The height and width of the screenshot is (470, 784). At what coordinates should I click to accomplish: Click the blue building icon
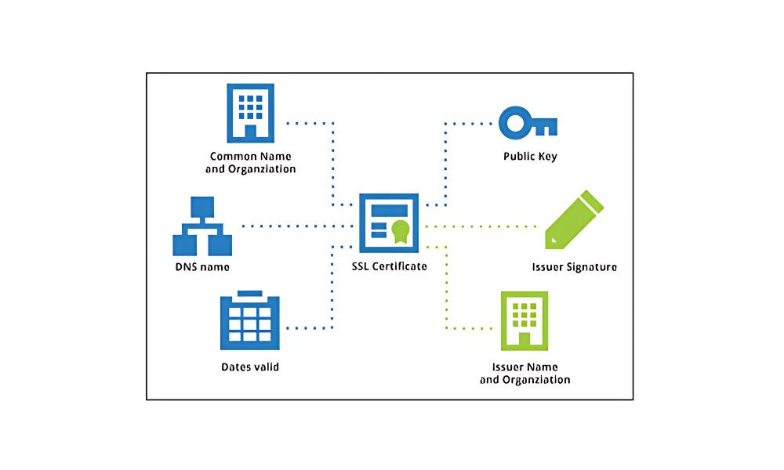pos(251,114)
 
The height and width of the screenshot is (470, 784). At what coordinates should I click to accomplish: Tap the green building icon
pos(524,321)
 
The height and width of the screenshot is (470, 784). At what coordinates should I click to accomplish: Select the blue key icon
pos(528,124)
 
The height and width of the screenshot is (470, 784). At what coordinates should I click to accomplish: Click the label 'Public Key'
pos(530,157)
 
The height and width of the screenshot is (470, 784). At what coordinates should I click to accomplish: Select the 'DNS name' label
pos(202,267)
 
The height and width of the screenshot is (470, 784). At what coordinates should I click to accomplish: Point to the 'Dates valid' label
pos(250,367)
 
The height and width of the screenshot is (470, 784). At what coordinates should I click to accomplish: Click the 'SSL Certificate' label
pos(390,266)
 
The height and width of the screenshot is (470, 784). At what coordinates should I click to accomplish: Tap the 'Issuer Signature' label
pos(574,267)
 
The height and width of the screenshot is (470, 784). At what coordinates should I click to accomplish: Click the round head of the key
pos(514,124)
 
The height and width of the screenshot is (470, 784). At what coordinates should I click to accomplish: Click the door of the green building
pos(524,340)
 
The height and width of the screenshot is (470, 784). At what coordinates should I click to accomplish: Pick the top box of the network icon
pos(203,207)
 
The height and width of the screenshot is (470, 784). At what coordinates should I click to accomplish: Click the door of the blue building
pos(251,132)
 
